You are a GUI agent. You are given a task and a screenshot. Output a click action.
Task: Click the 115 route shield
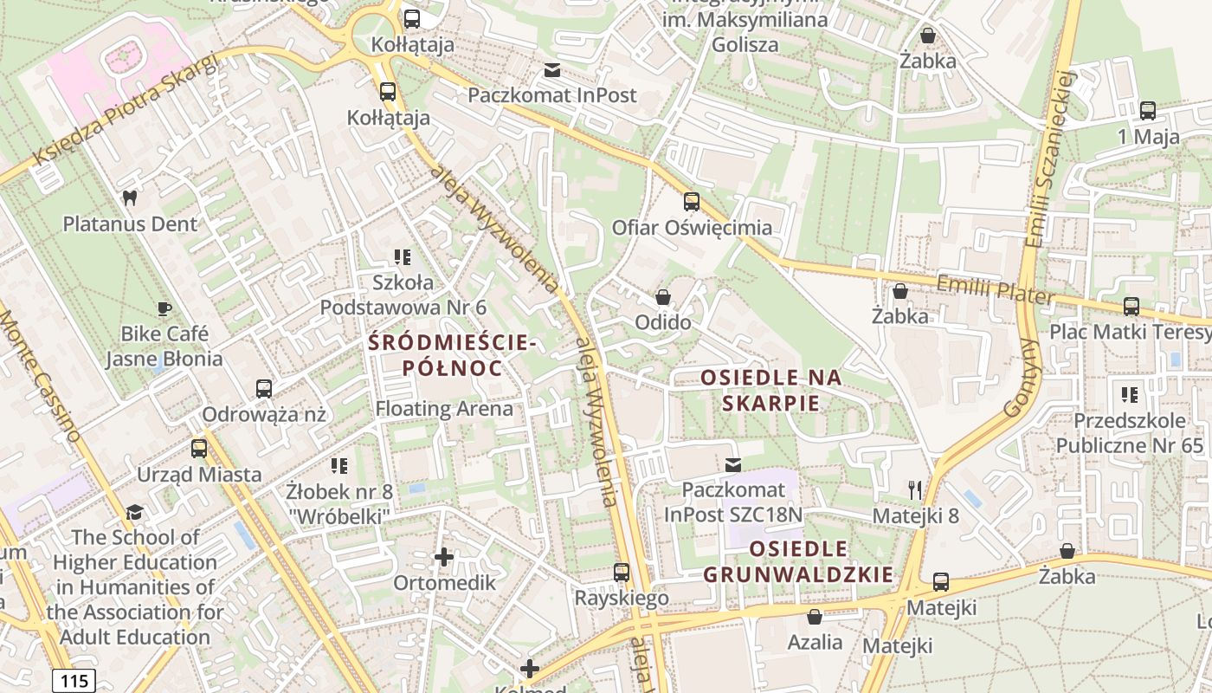tap(74, 681)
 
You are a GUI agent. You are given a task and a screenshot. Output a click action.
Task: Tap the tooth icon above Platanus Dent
tap(130, 198)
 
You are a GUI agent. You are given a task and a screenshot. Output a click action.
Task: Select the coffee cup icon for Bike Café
tap(164, 308)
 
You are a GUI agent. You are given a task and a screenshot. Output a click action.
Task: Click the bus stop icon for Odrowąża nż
tap(264, 389)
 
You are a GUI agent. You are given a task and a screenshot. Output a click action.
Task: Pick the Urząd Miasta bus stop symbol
tap(199, 449)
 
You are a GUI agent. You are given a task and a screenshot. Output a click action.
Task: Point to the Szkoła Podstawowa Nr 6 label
tap(403, 295)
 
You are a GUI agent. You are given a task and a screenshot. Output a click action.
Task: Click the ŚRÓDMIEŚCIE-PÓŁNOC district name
tap(452, 355)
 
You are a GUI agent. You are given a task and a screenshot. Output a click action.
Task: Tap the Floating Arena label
tap(444, 408)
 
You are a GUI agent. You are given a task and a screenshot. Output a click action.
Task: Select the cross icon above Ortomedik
tap(444, 556)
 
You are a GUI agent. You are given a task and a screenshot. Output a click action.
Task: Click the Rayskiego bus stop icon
tap(622, 573)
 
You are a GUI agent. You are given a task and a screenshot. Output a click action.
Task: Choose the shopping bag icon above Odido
tap(663, 297)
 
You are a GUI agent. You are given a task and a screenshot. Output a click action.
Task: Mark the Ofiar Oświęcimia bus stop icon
tap(692, 202)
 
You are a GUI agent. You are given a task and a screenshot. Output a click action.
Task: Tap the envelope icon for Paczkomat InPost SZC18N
tap(733, 465)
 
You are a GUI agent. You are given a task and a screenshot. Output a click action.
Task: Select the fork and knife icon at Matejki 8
tap(915, 490)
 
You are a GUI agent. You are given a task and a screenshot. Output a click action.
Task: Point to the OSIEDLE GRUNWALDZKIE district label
tap(797, 561)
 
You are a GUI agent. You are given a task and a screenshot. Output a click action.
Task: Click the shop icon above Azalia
tap(815, 617)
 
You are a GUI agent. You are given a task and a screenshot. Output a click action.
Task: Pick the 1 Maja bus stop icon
tap(1148, 111)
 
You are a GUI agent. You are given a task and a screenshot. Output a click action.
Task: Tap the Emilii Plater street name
tap(996, 288)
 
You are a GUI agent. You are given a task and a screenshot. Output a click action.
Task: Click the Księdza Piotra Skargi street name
tap(126, 111)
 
